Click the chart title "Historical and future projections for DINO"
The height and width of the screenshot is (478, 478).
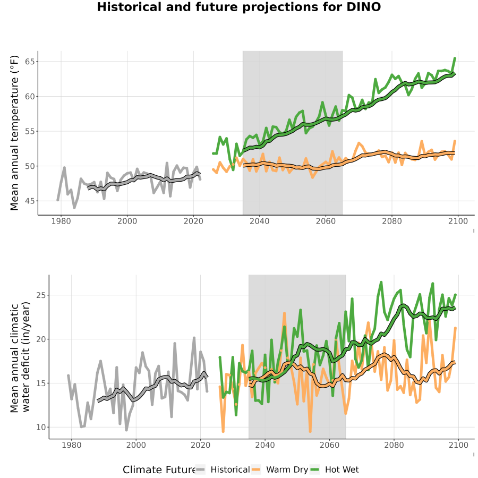pyautogui.click(x=238, y=7)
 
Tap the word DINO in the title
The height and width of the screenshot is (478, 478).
pyautogui.click(x=364, y=7)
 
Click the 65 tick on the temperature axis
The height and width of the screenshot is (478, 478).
pyautogui.click(x=30, y=62)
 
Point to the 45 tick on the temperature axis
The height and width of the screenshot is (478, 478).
pyautogui.click(x=30, y=201)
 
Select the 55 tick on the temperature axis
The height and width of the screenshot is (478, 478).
pyautogui.click(x=30, y=131)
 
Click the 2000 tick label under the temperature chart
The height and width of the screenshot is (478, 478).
pyautogui.click(x=127, y=221)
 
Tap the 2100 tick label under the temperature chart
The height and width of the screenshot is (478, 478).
pyautogui.click(x=458, y=221)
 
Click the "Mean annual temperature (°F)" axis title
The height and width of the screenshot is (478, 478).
pyautogui.click(x=14, y=133)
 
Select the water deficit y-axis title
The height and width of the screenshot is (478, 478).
pyautogui.click(x=20, y=357)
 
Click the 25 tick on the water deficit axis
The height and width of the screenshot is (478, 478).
pyautogui.click(x=41, y=295)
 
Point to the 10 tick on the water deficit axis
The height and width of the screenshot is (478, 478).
pyautogui.click(x=41, y=428)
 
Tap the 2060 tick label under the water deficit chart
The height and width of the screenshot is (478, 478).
pyautogui.click(x=329, y=445)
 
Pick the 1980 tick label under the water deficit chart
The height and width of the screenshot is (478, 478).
pyautogui.click(x=72, y=445)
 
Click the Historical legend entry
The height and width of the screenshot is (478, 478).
pyautogui.click(x=223, y=470)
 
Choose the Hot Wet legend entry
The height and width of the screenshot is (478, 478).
pyautogui.click(x=335, y=470)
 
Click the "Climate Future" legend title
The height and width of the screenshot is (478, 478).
pyautogui.click(x=159, y=470)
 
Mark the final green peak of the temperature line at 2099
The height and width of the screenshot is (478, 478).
pyautogui.click(x=455, y=58)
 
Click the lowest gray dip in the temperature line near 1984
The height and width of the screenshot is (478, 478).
pyautogui.click(x=74, y=208)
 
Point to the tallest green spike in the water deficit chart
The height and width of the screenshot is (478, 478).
pyautogui.click(x=381, y=283)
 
